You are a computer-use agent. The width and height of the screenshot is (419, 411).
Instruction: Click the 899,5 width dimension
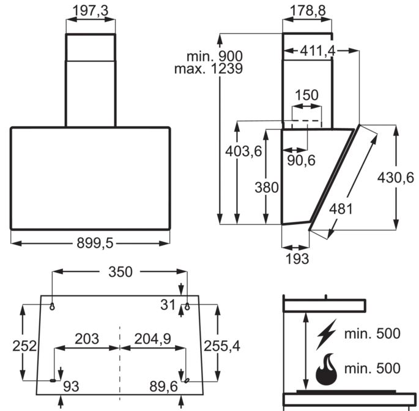coord(95,243)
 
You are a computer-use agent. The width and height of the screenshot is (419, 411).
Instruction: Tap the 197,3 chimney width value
coord(91,11)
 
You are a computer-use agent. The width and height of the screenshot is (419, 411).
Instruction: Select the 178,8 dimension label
coord(308,11)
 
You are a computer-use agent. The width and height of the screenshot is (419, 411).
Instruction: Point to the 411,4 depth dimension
coord(317,51)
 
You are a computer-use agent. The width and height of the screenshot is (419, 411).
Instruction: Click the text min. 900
coord(215,56)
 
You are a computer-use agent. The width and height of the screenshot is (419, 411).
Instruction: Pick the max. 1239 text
coord(209,69)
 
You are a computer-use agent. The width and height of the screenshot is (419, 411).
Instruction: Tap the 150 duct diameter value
coord(307,95)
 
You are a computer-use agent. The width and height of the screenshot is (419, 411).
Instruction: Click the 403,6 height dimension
coord(243,151)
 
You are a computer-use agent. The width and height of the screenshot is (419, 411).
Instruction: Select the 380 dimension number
coord(267,187)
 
